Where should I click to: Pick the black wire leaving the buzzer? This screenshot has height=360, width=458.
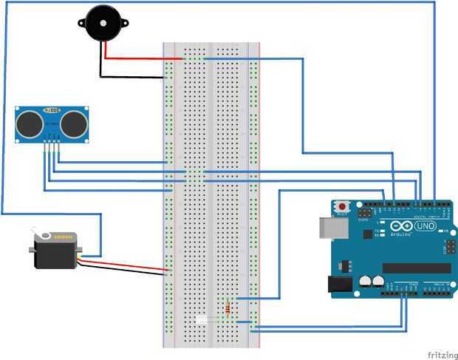click(x=133, y=75)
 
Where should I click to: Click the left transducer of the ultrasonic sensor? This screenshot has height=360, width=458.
click(x=30, y=123)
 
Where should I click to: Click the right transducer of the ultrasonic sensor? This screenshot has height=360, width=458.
click(x=74, y=123)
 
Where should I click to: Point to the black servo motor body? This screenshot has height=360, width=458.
click(x=56, y=254)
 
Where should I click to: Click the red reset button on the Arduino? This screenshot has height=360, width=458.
click(x=343, y=205)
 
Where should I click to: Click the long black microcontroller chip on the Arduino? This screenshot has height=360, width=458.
click(x=415, y=268)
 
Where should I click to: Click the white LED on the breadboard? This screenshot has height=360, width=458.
click(x=204, y=319)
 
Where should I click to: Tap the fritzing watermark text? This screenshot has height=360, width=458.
click(x=440, y=354)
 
